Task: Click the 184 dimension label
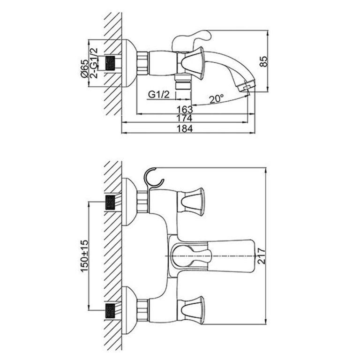[x=186, y=129]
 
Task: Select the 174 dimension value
[x=187, y=119]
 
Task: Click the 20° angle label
[x=216, y=99]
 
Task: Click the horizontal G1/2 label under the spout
[x=158, y=94]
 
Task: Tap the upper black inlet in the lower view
[x=110, y=202]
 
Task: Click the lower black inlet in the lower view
[x=110, y=310]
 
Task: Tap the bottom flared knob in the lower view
[x=192, y=310]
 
